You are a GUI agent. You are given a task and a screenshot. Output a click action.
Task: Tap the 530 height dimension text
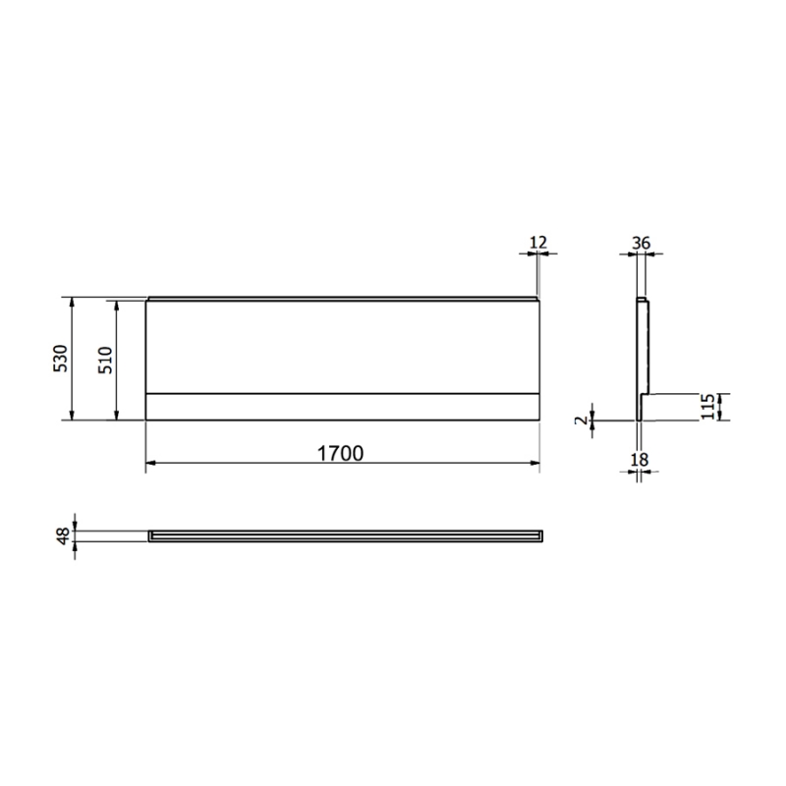click(61, 358)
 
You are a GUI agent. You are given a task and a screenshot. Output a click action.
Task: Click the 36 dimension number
click(641, 243)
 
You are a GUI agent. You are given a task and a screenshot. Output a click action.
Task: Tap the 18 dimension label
click(641, 460)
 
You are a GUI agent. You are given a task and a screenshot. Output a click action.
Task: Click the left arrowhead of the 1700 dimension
click(150, 463)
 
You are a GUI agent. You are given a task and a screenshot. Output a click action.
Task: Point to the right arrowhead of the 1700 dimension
click(535, 463)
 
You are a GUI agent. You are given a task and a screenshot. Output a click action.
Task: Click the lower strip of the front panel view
click(342, 407)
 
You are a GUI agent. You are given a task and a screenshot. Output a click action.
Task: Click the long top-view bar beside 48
click(344, 534)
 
